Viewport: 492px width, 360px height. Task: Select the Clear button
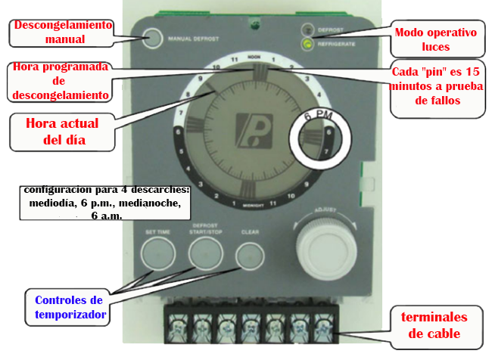coord(248,255)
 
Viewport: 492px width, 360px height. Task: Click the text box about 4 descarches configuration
coord(106,201)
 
